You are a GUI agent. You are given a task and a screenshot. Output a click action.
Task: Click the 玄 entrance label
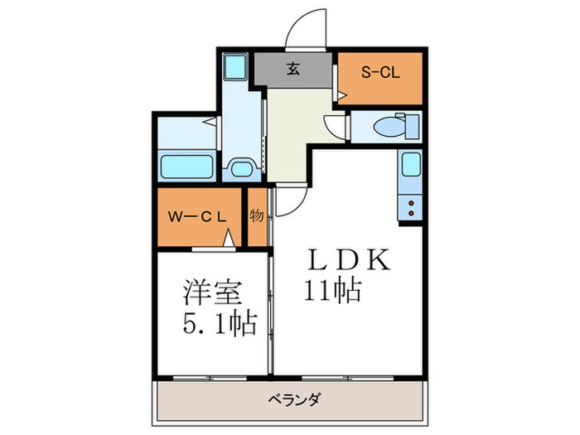pyautogui.click(x=293, y=69)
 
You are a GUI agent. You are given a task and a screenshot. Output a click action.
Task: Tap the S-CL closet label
pyautogui.click(x=380, y=73)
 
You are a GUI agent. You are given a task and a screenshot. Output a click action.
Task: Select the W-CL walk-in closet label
pyautogui.click(x=196, y=217)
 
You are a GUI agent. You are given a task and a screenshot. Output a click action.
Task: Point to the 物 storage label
pyautogui.click(x=257, y=216)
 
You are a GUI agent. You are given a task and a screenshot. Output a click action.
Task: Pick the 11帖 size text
pyautogui.click(x=331, y=292)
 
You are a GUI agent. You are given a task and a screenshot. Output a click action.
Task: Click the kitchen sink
pyautogui.click(x=411, y=164)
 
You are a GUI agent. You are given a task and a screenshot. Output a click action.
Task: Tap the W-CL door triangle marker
pyautogui.click(x=230, y=240)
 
